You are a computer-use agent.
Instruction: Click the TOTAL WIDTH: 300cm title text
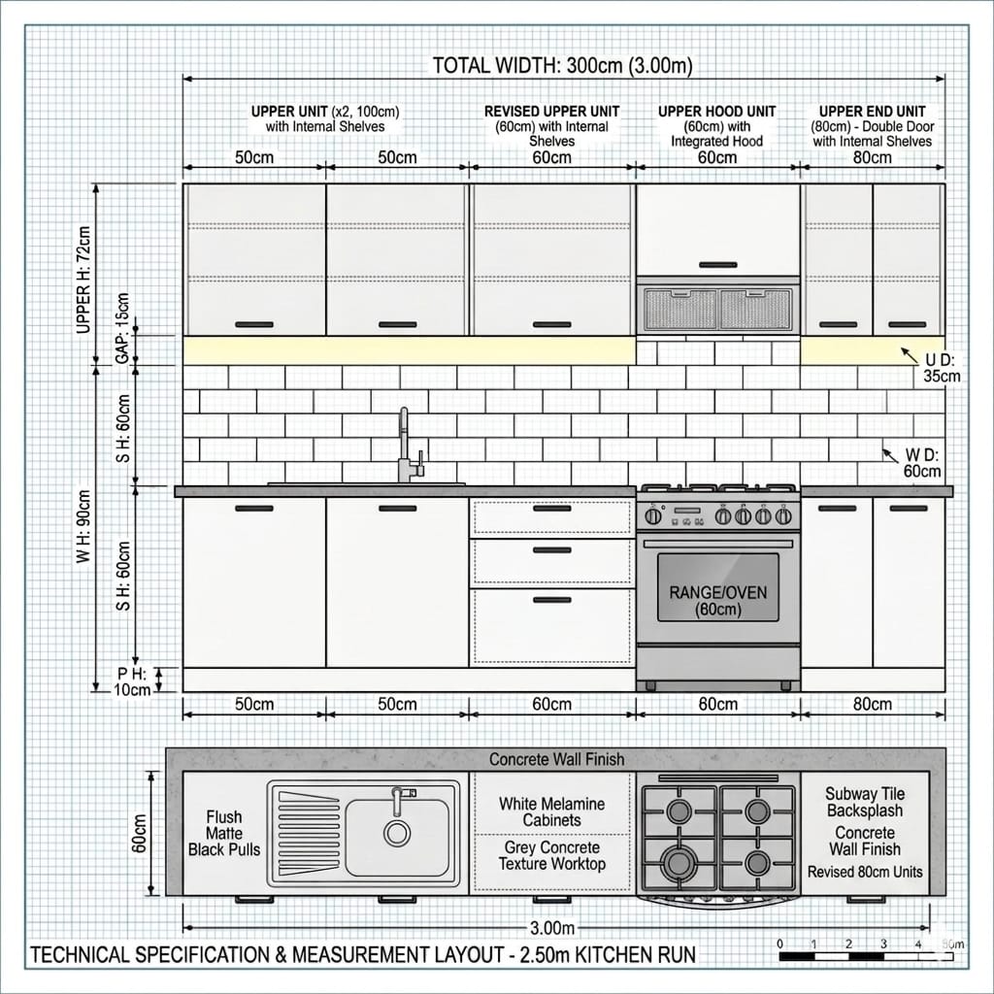coord(562,66)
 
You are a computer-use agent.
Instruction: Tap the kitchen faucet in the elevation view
coord(407,447)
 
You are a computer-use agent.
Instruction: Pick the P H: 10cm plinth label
coord(133,680)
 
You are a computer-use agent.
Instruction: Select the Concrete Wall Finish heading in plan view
coord(556,759)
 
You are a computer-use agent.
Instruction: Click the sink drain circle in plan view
coord(396,832)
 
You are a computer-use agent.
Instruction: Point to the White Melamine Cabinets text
coord(552,812)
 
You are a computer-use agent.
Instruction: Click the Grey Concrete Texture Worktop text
coord(552,855)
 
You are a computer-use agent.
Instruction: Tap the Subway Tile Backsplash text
coord(864,802)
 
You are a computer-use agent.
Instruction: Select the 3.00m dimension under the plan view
coord(552,928)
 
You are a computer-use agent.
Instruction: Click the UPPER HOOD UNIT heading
coord(716,112)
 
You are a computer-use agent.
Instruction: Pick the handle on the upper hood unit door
coord(717,264)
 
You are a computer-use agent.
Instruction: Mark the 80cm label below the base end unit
coord(872,704)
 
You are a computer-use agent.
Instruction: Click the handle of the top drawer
coord(551,509)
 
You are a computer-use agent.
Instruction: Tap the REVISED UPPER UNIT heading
coord(551,112)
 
